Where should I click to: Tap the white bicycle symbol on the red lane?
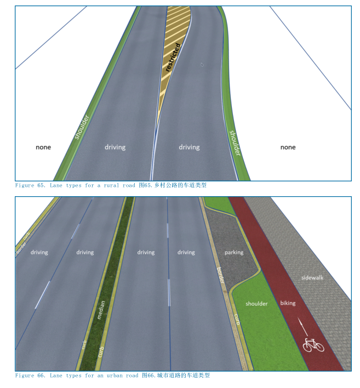tap(313, 345)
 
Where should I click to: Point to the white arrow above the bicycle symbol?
tap(302, 327)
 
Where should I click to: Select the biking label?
tap(288, 303)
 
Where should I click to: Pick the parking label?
tap(234, 253)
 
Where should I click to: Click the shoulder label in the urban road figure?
tap(256, 304)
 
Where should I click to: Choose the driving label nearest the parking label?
tap(186, 253)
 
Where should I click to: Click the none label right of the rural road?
tap(288, 147)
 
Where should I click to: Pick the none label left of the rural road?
tap(43, 147)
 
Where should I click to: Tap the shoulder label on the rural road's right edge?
tap(235, 142)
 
